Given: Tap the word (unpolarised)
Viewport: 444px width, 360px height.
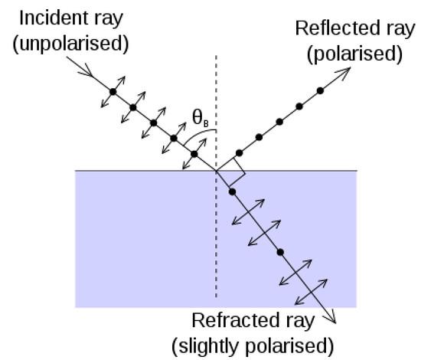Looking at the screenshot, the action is click(70, 44).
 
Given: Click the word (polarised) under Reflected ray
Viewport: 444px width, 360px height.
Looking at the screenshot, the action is click(354, 54).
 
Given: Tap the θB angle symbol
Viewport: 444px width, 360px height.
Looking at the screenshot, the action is click(201, 118).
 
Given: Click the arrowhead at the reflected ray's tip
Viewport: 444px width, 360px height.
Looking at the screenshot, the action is click(344, 73).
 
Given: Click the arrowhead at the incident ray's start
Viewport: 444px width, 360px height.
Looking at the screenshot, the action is click(86, 70).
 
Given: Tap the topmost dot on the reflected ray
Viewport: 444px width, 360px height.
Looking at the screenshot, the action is click(320, 91).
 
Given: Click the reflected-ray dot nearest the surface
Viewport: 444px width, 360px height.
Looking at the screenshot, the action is click(239, 153).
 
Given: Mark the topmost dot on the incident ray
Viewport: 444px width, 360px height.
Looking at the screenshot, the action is click(113, 92).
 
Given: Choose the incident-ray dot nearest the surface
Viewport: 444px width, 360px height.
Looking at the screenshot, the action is click(194, 154).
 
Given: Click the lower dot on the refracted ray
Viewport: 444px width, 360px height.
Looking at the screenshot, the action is click(280, 252).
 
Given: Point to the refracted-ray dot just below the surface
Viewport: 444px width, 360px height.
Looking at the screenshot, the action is click(232, 192).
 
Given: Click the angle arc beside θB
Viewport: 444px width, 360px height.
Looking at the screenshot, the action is click(198, 135).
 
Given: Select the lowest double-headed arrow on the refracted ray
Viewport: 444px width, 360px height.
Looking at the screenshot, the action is click(312, 292).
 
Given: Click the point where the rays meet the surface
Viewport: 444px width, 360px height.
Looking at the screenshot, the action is click(217, 171).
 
